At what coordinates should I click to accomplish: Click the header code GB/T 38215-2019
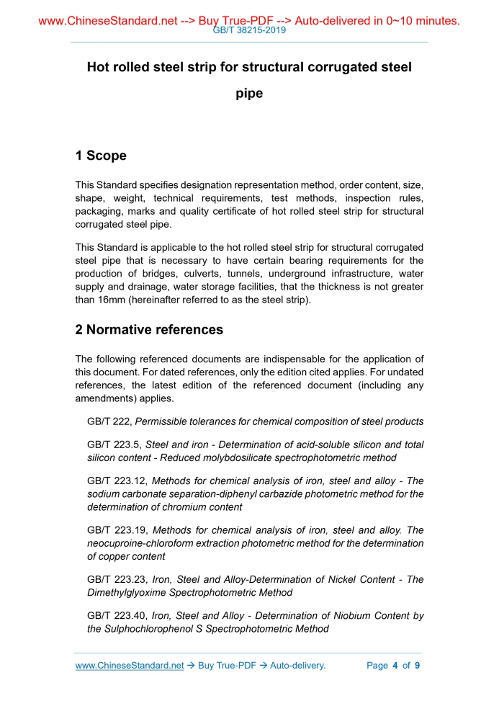(x=249, y=30)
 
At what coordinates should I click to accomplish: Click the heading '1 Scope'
(x=101, y=156)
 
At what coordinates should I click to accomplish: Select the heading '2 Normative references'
(x=149, y=330)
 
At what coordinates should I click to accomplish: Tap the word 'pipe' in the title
(x=249, y=94)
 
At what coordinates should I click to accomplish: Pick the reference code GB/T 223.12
(x=115, y=481)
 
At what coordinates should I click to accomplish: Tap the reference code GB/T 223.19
(x=115, y=530)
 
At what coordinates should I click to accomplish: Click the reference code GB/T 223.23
(x=115, y=579)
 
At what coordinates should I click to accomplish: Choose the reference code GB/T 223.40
(x=115, y=615)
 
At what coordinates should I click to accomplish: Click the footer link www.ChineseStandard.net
(x=130, y=666)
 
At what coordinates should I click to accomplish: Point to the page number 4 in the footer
(x=395, y=666)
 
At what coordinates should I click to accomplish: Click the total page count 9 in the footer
(x=417, y=666)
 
